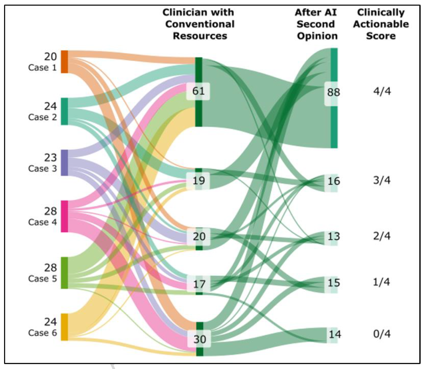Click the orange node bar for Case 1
[x=64, y=62]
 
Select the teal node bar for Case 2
[x=64, y=111]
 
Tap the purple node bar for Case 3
[x=64, y=163]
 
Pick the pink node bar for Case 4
[x=64, y=216]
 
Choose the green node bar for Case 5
[x=64, y=273]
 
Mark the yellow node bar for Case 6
[x=64, y=327]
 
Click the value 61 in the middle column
[x=198, y=91]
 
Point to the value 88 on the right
[x=333, y=92]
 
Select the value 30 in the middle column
[x=199, y=339]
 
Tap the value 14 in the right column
[x=334, y=334]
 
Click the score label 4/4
[x=382, y=91]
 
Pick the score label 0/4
[x=382, y=334]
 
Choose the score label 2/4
[x=382, y=236]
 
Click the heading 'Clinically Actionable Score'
[x=381, y=24]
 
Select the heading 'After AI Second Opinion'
[x=316, y=24]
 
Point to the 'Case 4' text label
[x=42, y=222]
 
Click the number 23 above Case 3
[x=50, y=158]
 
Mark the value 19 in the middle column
[x=199, y=181]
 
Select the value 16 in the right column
[x=334, y=181]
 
